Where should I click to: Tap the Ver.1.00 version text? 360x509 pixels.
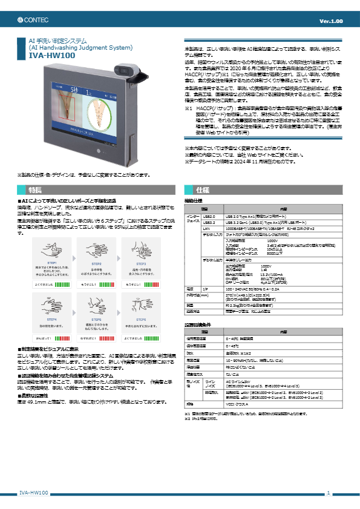(330, 21)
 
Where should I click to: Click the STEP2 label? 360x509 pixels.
(96, 264)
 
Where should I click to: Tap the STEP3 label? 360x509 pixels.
(142, 264)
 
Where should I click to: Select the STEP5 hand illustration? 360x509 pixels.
(96, 303)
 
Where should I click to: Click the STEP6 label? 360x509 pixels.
(142, 318)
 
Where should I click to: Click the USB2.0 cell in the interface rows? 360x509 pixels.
(209, 215)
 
